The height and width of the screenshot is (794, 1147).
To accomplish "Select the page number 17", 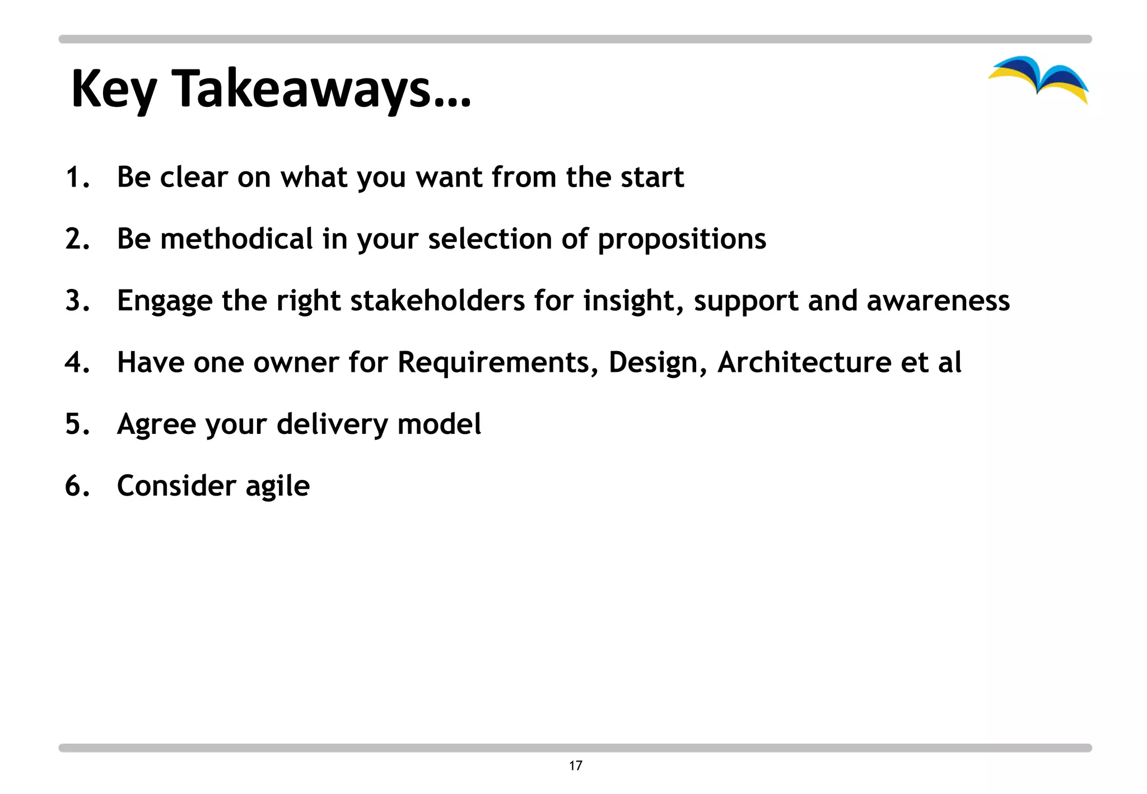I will (x=575, y=765).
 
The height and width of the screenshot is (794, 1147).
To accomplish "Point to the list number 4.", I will (x=77, y=362).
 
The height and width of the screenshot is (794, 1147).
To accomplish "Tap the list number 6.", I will (x=77, y=485).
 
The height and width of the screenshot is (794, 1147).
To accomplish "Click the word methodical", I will (x=236, y=239).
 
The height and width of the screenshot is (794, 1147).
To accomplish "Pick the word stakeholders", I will (x=437, y=301).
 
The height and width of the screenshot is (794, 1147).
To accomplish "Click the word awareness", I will (x=938, y=301).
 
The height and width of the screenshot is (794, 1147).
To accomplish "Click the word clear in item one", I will (x=194, y=178).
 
